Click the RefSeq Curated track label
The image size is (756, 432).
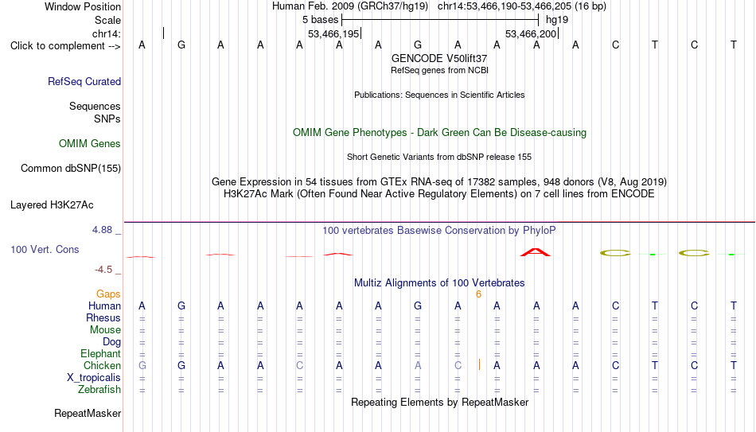(x=84, y=81)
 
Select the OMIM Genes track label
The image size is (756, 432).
(x=90, y=144)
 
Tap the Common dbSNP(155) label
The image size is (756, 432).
(x=71, y=169)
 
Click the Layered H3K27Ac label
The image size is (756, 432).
(x=52, y=205)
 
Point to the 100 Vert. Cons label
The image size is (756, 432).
(x=45, y=249)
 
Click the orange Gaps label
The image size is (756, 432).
(x=108, y=294)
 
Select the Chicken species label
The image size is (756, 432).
(x=102, y=366)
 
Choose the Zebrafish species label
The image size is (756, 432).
(x=99, y=390)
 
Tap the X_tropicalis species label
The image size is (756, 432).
(x=94, y=378)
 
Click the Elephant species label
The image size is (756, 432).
(x=101, y=354)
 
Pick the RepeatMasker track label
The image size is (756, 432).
(x=88, y=413)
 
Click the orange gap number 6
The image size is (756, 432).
(x=478, y=294)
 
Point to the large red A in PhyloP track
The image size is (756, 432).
(x=536, y=252)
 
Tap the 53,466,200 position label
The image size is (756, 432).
(x=531, y=33)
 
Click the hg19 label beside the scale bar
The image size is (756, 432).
(x=557, y=20)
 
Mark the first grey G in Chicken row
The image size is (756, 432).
(x=142, y=365)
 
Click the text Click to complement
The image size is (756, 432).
(x=58, y=46)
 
